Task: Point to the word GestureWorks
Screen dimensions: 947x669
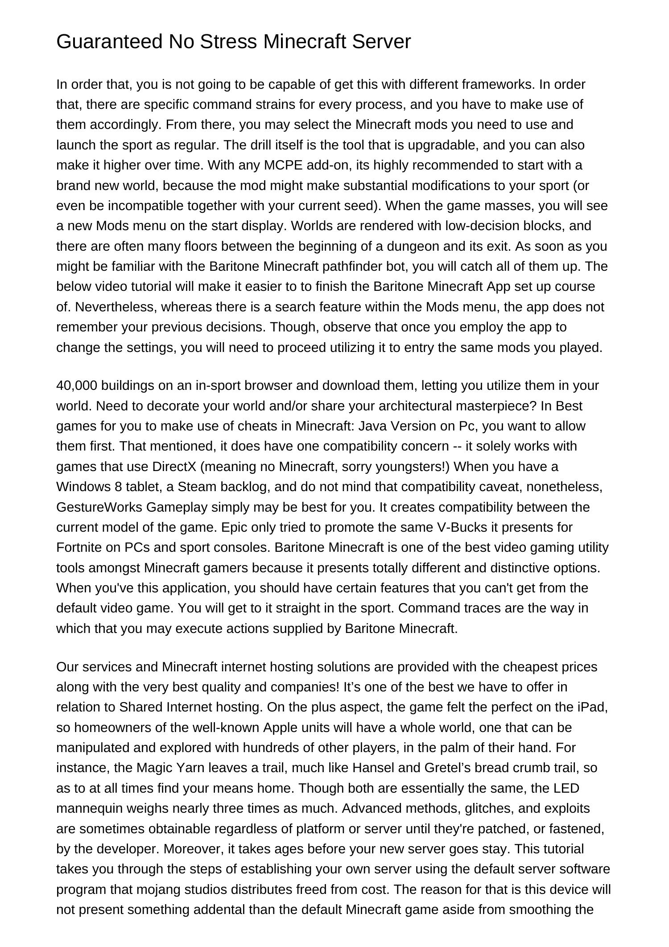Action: (99, 507)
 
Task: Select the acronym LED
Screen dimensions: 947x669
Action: (566, 788)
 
